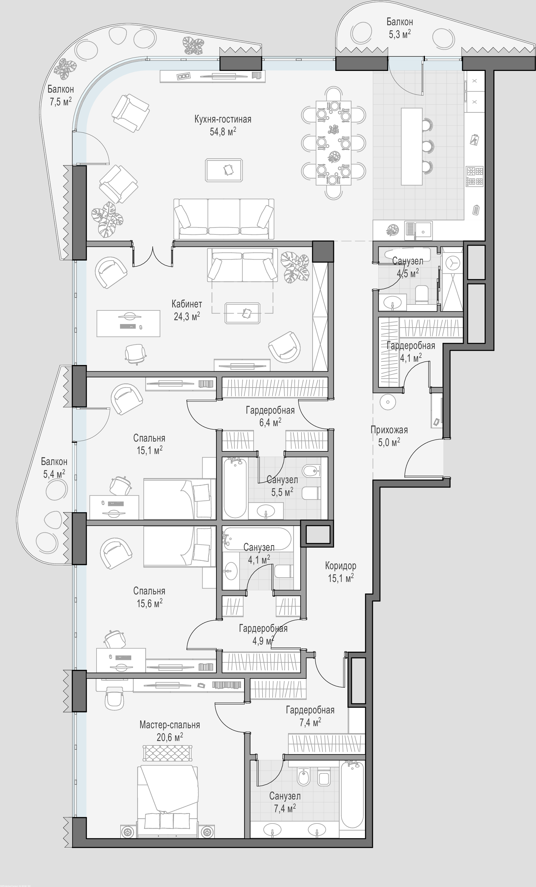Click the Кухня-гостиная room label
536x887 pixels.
pos(223,120)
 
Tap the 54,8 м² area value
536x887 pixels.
pos(223,131)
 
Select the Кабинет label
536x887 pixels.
pos(186,304)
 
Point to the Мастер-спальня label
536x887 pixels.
pos(170,725)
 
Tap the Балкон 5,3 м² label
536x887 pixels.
pos(400,28)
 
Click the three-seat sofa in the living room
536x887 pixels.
pos(224,219)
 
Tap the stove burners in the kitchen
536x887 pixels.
pos(475,176)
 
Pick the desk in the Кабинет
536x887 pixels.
pos(128,323)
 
